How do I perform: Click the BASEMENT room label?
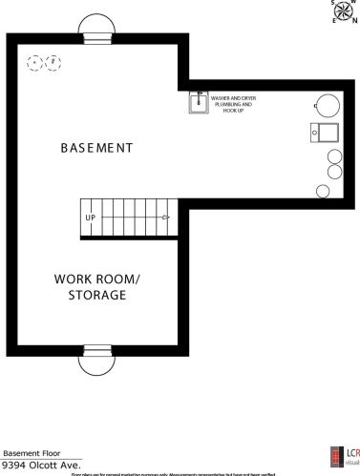click(95, 148)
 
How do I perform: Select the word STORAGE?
click(96, 296)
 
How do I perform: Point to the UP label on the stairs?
click(91, 217)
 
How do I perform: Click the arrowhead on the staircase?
click(166, 217)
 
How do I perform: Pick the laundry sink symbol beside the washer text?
click(199, 102)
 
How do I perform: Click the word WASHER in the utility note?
click(222, 97)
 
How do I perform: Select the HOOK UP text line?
click(232, 111)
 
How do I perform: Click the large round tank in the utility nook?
click(327, 104)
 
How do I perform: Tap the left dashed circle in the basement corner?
click(35, 63)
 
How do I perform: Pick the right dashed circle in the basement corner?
click(53, 63)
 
